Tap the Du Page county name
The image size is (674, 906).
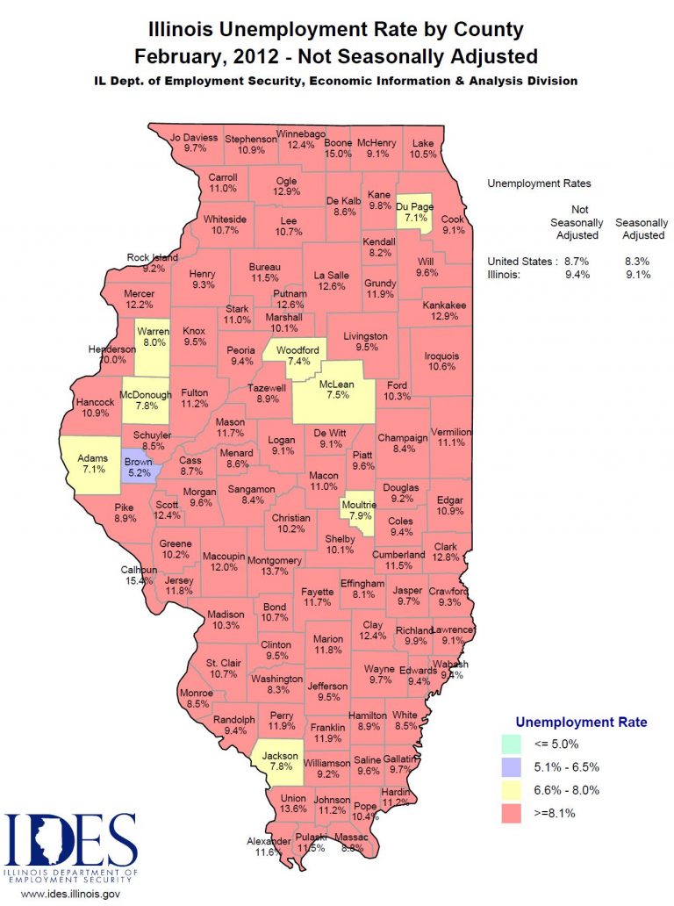click(413, 206)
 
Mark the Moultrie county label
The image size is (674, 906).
click(358, 506)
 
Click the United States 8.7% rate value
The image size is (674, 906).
click(577, 262)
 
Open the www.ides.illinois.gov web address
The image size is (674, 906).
click(70, 894)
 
